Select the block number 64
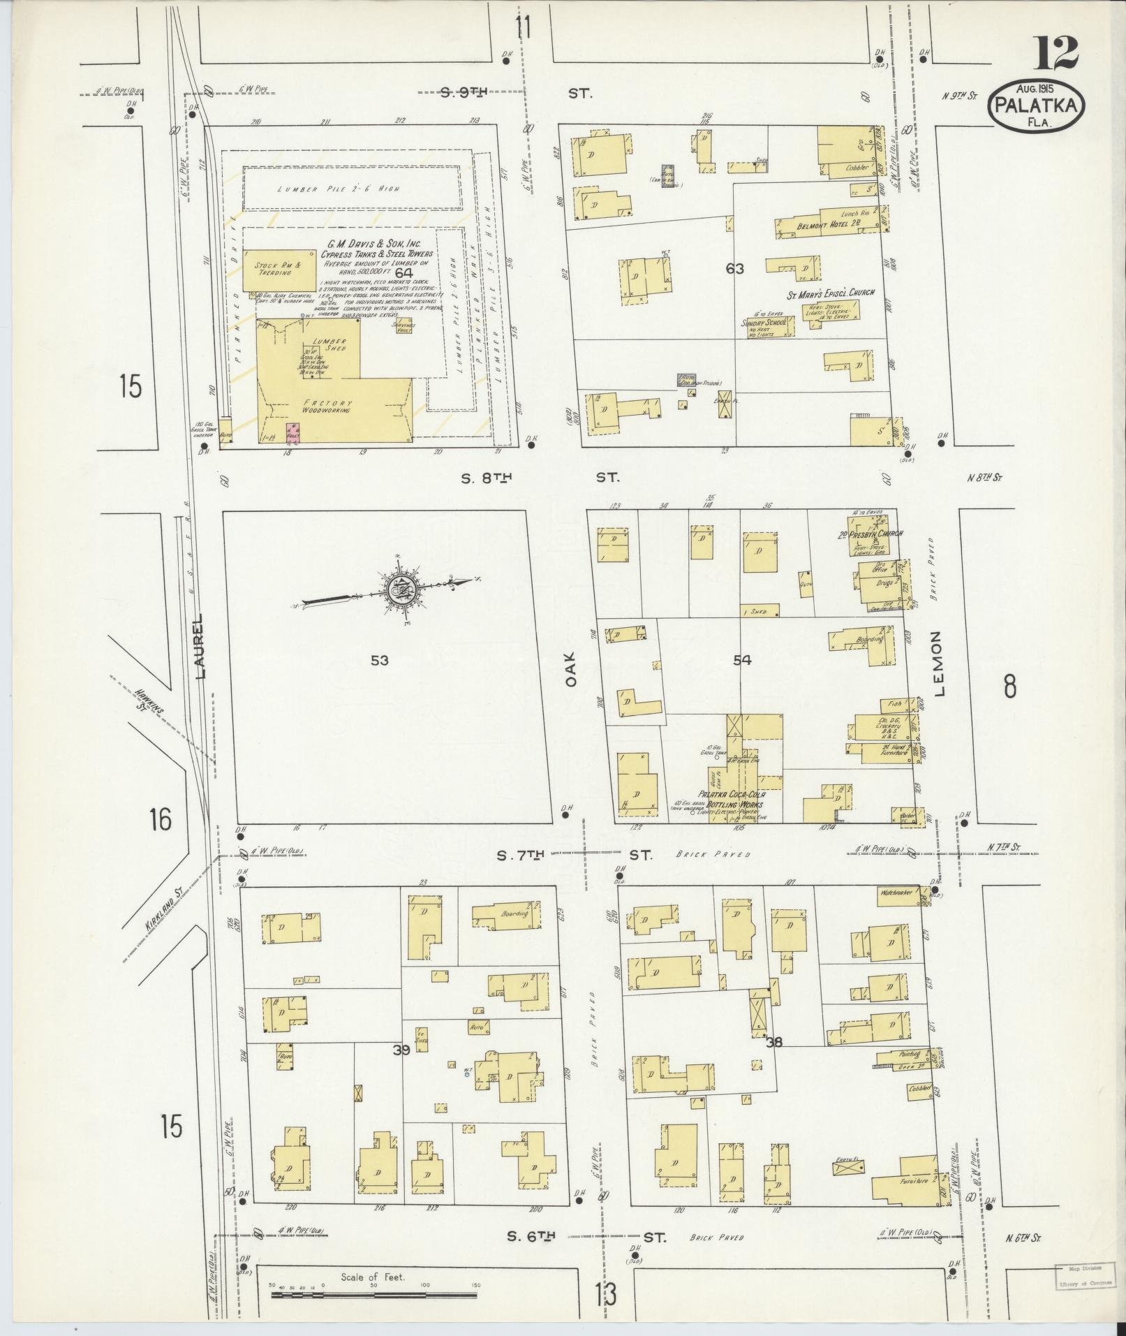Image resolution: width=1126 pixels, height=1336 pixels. [403, 272]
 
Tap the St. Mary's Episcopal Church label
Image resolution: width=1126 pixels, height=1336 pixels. [830, 293]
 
